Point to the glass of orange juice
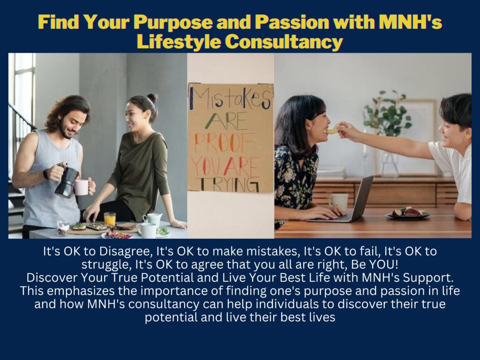110,219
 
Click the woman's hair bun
152,98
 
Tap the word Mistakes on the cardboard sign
230,98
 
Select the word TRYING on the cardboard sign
229,184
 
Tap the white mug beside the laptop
338,202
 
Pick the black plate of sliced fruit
409,213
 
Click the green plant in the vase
387,113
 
